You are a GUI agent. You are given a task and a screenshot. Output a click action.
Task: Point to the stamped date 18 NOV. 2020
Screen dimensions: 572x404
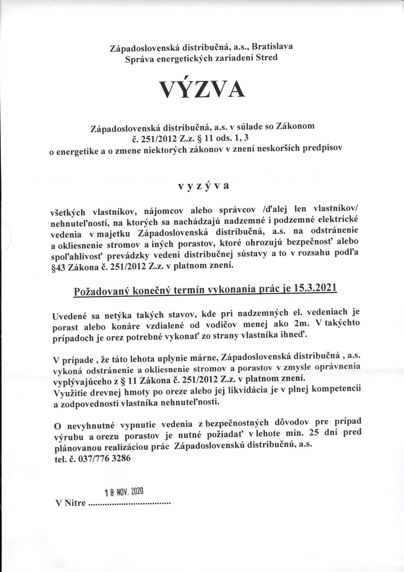coord(124,492)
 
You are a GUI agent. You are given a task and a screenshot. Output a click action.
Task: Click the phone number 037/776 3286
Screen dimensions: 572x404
coord(103,458)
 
